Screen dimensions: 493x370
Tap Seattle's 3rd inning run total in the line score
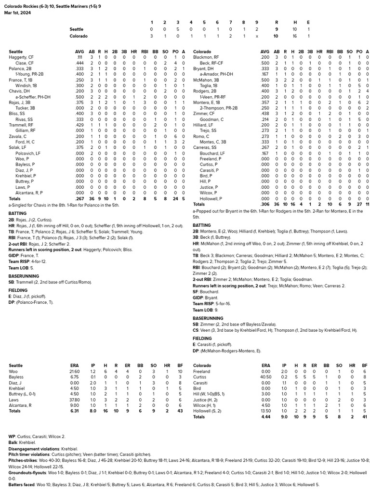[178, 29]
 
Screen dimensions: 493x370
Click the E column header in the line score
[308, 22]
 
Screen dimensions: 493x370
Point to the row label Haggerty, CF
[21, 57]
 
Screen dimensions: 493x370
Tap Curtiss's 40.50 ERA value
[265, 377]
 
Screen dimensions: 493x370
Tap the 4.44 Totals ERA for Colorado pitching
[265, 416]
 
